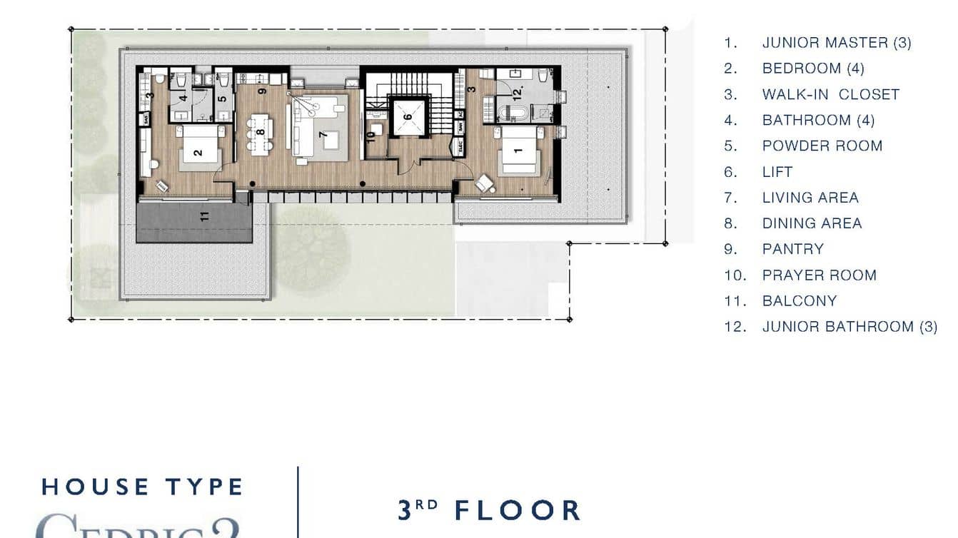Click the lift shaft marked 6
408,116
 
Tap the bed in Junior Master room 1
519,151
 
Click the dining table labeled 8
261,133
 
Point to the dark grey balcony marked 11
194,223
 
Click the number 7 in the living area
323,134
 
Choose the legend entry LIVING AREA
810,198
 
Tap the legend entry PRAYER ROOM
819,275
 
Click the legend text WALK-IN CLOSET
830,94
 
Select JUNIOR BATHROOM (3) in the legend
849,326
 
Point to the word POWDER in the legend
789,146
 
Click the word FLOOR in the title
518,511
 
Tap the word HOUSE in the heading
96,487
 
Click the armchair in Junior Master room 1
485,183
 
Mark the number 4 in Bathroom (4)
183,98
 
